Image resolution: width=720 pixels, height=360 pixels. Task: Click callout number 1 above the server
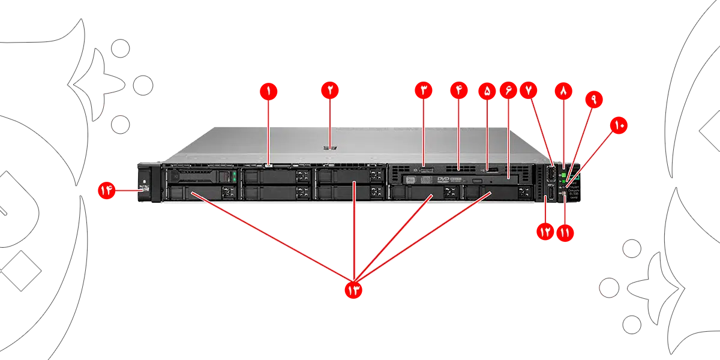pyautogui.click(x=268, y=91)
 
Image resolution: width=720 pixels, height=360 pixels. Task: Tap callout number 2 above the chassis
pyautogui.click(x=329, y=91)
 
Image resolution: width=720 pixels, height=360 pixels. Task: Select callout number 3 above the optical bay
pyautogui.click(x=424, y=91)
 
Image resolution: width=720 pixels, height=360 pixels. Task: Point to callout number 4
pyautogui.click(x=459, y=91)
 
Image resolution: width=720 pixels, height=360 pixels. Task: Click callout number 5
pyautogui.click(x=487, y=91)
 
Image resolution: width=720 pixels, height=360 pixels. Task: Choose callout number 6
pyautogui.click(x=508, y=91)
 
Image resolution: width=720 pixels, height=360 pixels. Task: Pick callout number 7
pyautogui.click(x=529, y=91)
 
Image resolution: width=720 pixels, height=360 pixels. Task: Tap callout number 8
pyautogui.click(x=563, y=91)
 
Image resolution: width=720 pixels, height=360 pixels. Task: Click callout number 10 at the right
pyautogui.click(x=619, y=125)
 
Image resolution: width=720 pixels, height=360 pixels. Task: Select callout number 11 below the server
pyautogui.click(x=565, y=233)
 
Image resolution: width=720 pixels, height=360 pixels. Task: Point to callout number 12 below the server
pyautogui.click(x=545, y=233)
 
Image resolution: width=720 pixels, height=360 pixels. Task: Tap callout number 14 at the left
pyautogui.click(x=106, y=191)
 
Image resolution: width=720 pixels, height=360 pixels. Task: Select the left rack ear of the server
pyautogui.click(x=145, y=183)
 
